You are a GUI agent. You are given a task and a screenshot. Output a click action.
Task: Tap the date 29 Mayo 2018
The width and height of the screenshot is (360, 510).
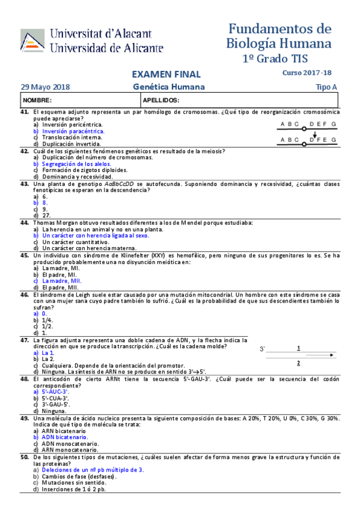pyautogui.click(x=45, y=87)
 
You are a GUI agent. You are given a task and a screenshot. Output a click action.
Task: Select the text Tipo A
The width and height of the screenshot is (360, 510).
pyautogui.click(x=326, y=87)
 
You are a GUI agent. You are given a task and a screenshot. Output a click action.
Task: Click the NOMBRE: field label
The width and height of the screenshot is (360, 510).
pyautogui.click(x=38, y=100)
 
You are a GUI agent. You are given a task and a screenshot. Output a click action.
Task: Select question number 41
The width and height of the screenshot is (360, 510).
pyautogui.click(x=25, y=112)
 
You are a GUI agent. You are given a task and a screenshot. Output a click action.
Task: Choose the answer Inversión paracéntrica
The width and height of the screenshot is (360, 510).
pyautogui.click(x=73, y=131)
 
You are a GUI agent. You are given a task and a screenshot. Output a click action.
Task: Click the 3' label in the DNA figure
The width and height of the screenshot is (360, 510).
pyautogui.click(x=263, y=349)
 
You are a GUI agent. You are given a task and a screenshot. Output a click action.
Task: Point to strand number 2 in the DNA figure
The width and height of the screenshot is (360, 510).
pyautogui.click(x=299, y=363)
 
